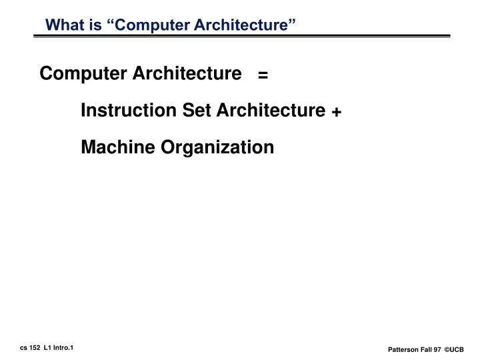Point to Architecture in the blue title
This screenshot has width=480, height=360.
tap(239, 25)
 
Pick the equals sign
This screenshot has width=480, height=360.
tap(263, 75)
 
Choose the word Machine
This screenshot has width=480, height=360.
tap(116, 147)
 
